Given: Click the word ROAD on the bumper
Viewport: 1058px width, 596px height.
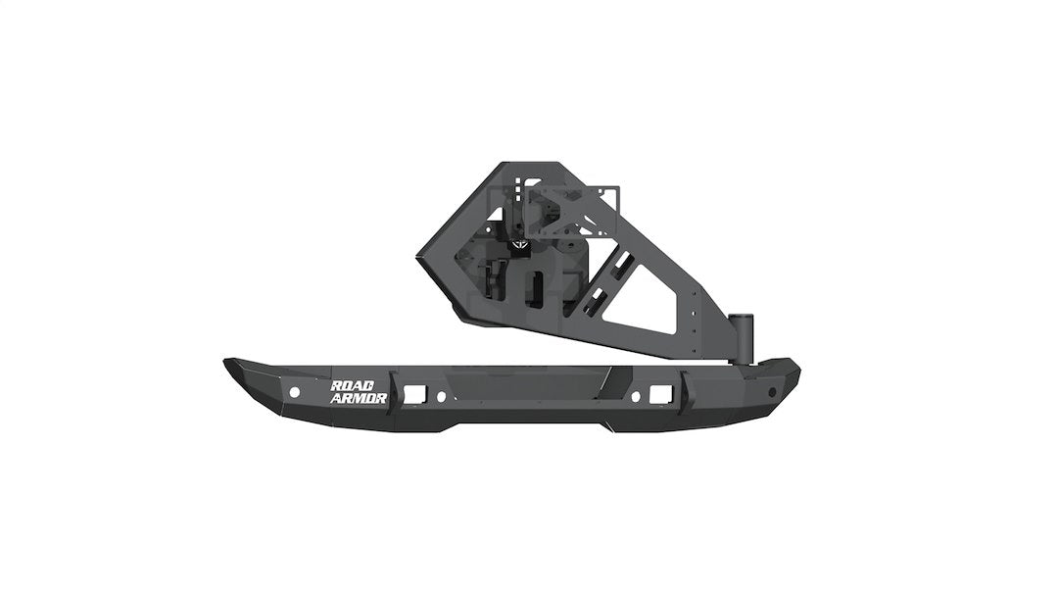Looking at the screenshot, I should pos(360,385).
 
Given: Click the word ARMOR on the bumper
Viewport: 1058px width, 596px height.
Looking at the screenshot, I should pos(360,398).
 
